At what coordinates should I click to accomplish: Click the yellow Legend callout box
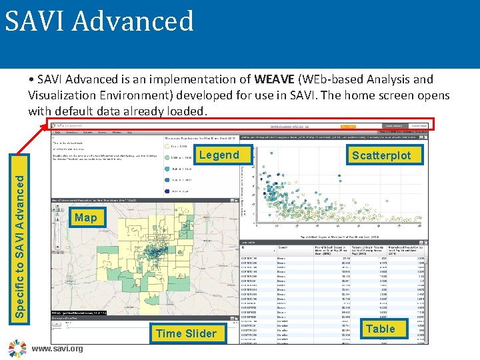point(219,155)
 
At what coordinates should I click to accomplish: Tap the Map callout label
point(85,217)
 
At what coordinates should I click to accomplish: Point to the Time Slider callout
point(185,333)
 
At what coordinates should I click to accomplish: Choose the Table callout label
point(380,329)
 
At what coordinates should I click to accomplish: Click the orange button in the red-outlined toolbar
point(347,125)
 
